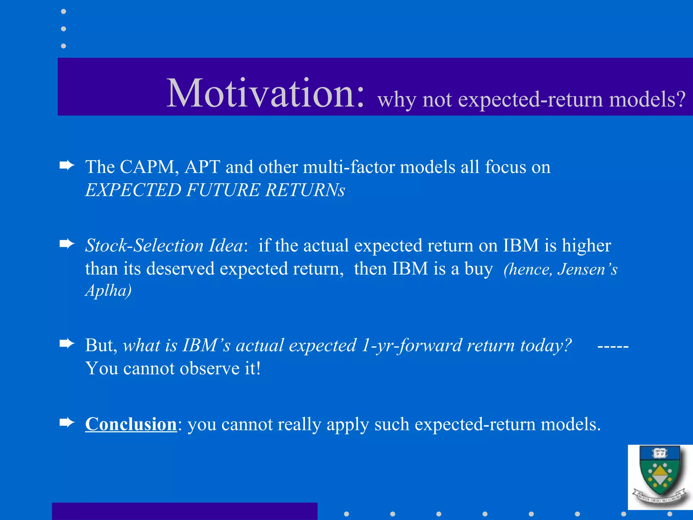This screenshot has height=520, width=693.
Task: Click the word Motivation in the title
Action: click(x=266, y=93)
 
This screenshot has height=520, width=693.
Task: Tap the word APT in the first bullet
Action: click(x=202, y=167)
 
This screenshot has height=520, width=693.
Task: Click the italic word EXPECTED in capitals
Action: click(x=133, y=190)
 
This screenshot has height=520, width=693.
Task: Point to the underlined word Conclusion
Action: click(x=131, y=424)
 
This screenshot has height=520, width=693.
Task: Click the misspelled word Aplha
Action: click(x=108, y=290)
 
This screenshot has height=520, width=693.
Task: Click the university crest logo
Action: click(x=660, y=477)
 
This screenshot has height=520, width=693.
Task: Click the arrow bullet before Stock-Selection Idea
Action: click(x=67, y=244)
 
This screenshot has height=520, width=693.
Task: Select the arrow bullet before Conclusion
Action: click(x=67, y=422)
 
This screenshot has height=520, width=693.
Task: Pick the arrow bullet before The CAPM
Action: click(x=67, y=166)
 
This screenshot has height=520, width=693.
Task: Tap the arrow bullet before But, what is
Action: click(x=67, y=344)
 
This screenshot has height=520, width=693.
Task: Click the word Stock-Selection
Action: click(x=144, y=245)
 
